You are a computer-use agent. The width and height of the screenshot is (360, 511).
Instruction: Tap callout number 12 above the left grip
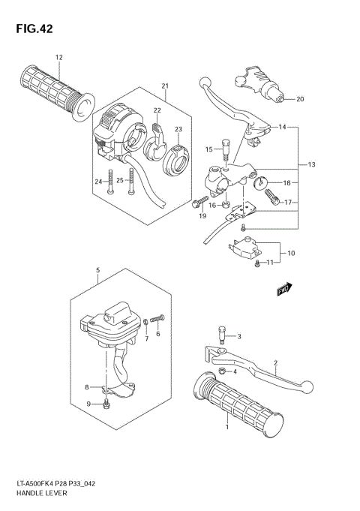point(58,57)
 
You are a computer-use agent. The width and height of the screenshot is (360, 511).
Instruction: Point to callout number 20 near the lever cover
point(300,99)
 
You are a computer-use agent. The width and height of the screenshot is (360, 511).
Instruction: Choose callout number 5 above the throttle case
point(97,269)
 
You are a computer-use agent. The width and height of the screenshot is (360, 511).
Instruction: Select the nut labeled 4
point(221,371)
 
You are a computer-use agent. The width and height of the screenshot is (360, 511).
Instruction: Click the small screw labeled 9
point(108,405)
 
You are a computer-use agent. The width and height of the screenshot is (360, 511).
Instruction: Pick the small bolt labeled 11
point(257,263)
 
